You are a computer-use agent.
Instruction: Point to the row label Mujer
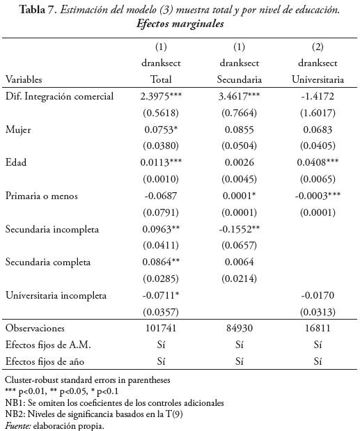19,130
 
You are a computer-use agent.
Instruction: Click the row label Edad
17,162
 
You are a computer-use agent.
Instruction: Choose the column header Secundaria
239,79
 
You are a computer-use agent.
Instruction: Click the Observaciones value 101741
161,328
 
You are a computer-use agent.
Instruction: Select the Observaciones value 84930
239,328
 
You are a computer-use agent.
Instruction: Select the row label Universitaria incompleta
56,295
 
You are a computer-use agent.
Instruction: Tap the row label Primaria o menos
42,196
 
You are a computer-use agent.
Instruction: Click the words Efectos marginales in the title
180,23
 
